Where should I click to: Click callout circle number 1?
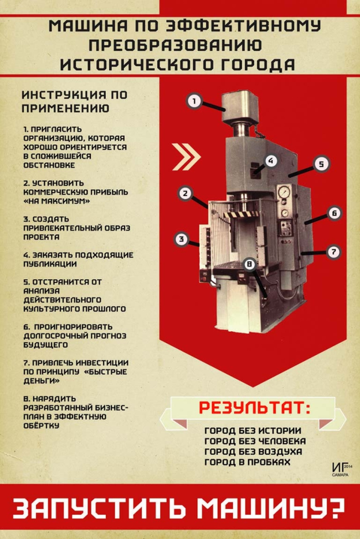click(x=194, y=101)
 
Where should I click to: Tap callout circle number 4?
click(x=271, y=161)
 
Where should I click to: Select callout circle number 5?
click(x=321, y=164)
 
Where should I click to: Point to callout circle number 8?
click(x=249, y=264)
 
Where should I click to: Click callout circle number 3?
click(x=182, y=239)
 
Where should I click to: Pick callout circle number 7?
click(x=333, y=252)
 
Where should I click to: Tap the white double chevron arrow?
click(x=186, y=157)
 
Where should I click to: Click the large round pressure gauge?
click(x=284, y=192)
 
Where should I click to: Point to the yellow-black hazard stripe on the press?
click(x=241, y=214)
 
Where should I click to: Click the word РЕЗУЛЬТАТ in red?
click(x=255, y=408)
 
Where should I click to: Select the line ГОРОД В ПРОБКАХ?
click(x=248, y=462)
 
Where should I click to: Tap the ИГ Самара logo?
click(x=341, y=469)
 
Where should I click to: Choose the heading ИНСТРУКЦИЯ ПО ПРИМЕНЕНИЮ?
click(x=74, y=101)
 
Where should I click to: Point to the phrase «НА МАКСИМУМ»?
click(x=56, y=201)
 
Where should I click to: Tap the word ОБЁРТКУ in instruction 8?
click(x=42, y=426)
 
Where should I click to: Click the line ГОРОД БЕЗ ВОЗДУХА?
click(x=253, y=452)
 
